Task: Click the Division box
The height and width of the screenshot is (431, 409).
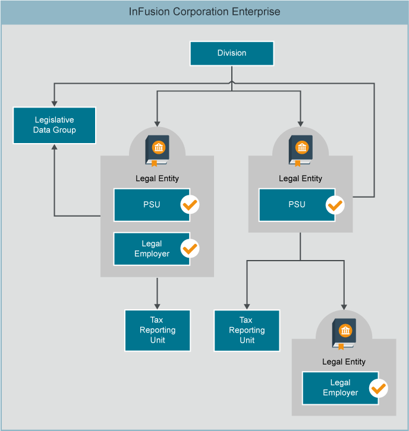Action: coord(232,53)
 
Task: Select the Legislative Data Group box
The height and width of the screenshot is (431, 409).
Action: coord(54,125)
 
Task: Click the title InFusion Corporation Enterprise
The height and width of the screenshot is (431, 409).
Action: coord(204,12)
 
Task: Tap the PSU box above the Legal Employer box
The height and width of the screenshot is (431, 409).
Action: coord(152,205)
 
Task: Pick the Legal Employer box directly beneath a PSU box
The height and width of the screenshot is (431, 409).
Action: coord(152,249)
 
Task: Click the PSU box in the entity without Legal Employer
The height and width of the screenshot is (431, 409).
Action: coord(297,205)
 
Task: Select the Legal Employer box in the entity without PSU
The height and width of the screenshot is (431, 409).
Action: coord(340,388)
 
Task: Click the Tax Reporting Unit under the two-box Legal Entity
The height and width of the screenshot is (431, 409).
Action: coord(158,330)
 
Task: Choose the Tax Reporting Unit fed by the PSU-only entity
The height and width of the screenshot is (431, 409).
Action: coord(247,330)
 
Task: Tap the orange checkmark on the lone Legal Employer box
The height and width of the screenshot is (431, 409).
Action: coord(378,389)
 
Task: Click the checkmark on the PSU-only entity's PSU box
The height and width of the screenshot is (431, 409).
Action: coord(335,205)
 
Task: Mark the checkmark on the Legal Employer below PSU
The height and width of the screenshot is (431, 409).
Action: coord(190,249)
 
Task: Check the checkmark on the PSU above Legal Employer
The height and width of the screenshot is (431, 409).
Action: coord(190,205)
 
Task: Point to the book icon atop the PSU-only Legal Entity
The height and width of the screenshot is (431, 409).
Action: coord(300,150)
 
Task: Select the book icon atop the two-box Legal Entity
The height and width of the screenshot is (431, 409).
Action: coord(157,150)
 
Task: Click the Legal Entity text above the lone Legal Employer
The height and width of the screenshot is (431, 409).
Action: coord(344,362)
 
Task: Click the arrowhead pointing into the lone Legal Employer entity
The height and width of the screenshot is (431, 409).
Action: coord(344,306)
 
